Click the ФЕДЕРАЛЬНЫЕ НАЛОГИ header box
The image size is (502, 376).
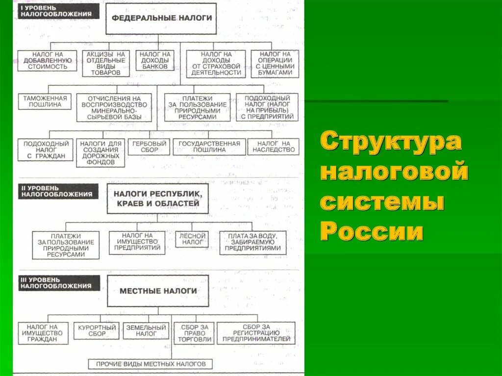tap(161, 19)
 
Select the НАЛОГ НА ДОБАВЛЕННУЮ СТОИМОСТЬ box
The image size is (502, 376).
tap(48, 60)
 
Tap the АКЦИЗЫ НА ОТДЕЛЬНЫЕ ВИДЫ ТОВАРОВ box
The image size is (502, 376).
tap(105, 63)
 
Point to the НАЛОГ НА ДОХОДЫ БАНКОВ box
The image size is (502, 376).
tap(154, 60)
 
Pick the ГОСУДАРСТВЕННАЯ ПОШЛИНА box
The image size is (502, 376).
tap(209, 147)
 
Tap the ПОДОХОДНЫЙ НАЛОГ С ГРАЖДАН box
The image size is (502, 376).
tap(46, 150)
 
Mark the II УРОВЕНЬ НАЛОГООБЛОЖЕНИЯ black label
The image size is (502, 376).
tap(58, 191)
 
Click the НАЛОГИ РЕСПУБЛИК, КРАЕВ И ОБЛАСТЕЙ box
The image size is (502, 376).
tap(157, 199)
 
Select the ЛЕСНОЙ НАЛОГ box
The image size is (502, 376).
tap(192, 239)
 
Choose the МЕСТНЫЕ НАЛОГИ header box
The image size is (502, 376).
tap(158, 291)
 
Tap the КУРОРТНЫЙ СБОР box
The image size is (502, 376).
tap(97, 330)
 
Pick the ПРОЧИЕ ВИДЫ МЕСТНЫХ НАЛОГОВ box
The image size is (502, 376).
tap(151, 364)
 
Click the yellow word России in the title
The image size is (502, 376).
tap(372, 230)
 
